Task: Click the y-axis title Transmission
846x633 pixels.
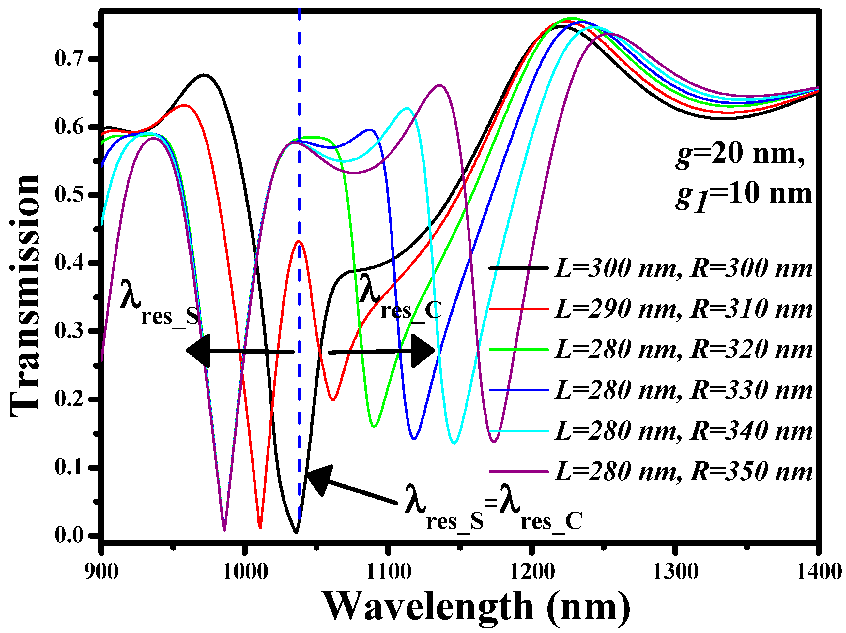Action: [x=25, y=295]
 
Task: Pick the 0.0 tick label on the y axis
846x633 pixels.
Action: [x=69, y=535]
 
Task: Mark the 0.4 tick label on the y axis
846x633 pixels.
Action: [x=69, y=263]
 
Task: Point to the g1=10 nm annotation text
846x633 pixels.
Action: [x=744, y=195]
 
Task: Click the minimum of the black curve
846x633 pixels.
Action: [x=296, y=531]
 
